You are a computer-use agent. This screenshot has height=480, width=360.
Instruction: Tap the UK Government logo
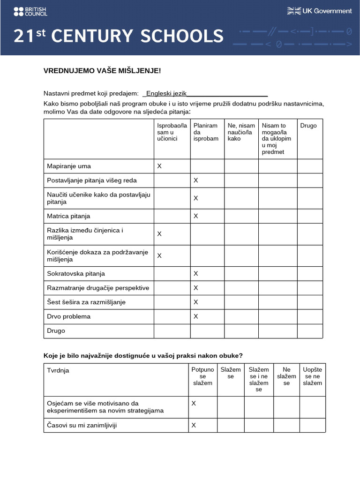point(319,11)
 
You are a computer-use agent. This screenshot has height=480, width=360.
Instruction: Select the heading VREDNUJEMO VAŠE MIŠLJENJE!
point(102,71)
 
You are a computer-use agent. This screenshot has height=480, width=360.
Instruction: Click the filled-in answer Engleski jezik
point(166,94)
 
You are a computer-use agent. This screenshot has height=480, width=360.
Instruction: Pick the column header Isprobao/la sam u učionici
point(172,132)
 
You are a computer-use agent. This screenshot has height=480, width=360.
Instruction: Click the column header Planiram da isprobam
point(206,132)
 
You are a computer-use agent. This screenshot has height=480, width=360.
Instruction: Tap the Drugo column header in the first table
point(308,126)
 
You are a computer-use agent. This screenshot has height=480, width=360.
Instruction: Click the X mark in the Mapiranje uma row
point(159,166)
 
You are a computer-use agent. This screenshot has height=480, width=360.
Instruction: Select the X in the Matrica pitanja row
point(196,216)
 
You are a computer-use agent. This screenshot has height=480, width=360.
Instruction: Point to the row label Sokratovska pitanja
point(76,273)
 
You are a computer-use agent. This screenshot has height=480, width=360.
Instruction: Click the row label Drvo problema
point(69,316)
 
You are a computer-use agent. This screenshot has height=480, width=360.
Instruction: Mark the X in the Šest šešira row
point(196,302)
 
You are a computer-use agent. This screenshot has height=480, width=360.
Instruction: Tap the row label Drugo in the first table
point(56,330)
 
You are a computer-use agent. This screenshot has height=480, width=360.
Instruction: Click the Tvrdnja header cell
point(58,370)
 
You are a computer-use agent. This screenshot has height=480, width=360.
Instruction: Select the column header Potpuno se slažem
point(202,376)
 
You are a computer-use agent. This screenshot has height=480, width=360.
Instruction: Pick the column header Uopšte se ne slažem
point(312,376)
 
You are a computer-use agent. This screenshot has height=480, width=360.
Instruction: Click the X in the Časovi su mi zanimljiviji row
point(194,425)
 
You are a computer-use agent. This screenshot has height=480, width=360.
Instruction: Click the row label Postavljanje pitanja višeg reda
point(92,180)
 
